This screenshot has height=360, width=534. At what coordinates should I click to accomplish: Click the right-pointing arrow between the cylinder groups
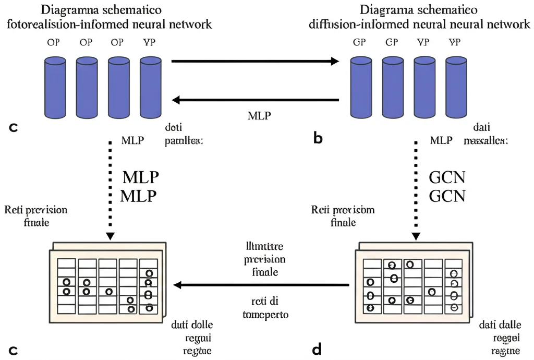pyautogui.click(x=256, y=62)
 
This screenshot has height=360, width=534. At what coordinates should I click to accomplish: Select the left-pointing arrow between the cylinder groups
pyautogui.click(x=256, y=100)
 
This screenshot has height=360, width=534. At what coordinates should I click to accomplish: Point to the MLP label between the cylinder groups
pyautogui.click(x=259, y=115)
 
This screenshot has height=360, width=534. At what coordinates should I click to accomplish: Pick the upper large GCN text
pyautogui.click(x=446, y=178)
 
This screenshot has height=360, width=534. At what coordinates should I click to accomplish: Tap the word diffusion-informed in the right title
pyautogui.click(x=353, y=25)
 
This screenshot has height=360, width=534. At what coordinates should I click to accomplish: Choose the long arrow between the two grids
pyautogui.click(x=261, y=285)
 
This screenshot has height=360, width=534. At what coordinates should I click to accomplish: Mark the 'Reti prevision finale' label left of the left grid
pyautogui.click(x=35, y=215)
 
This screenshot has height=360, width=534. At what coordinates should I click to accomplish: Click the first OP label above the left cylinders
pyautogui.click(x=53, y=43)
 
